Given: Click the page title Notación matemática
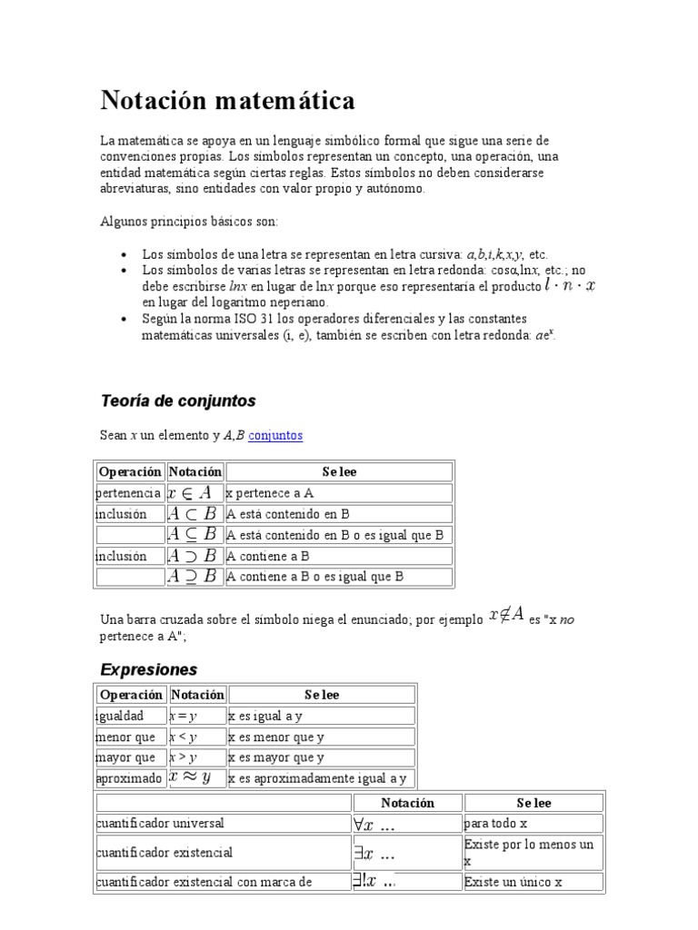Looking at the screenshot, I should pyautogui.click(x=227, y=100).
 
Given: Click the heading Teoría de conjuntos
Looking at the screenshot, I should pyautogui.click(x=177, y=401).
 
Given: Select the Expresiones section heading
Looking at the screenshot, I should pyautogui.click(x=148, y=669).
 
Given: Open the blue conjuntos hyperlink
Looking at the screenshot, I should pyautogui.click(x=275, y=435).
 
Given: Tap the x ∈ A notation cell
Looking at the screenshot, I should pyautogui.click(x=194, y=492).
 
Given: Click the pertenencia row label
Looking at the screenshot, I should pyautogui.click(x=129, y=492).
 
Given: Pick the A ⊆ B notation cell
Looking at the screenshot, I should pyautogui.click(x=194, y=535).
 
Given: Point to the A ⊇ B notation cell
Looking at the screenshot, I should pyautogui.click(x=194, y=577).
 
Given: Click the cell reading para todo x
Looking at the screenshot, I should pyautogui.click(x=495, y=824).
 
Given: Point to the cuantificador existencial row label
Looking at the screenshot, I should pyautogui.click(x=165, y=853).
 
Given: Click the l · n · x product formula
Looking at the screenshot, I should pyautogui.click(x=570, y=285).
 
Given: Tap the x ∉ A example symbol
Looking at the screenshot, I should pyautogui.click(x=506, y=615).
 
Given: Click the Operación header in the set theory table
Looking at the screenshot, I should pyautogui.click(x=130, y=471).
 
